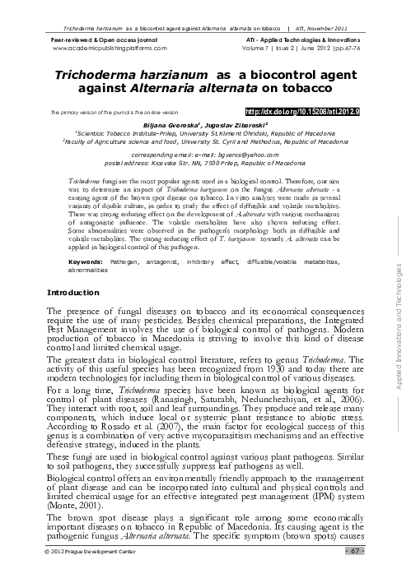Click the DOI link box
pos(310,110)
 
